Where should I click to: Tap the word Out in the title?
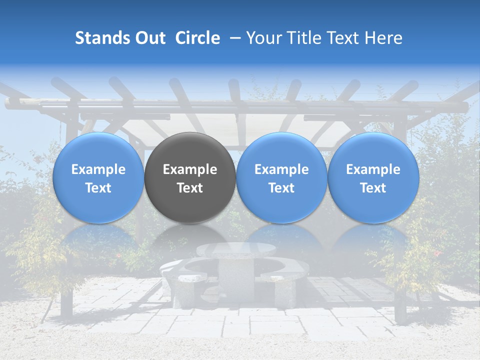pos(149,38)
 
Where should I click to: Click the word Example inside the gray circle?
pos(190,169)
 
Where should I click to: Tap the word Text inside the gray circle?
pos(190,188)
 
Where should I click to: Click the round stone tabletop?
pos(236,249)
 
